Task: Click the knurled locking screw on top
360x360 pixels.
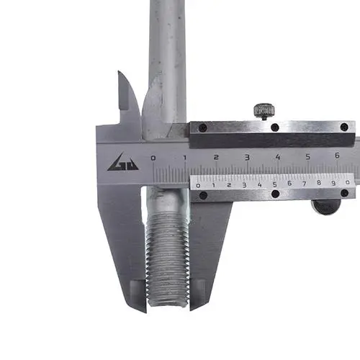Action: click(264, 112)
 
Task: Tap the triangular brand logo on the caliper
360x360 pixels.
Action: click(123, 162)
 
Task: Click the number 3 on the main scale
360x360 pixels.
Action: click(247, 158)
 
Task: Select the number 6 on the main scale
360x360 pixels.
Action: click(337, 156)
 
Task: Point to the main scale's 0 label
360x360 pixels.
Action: click(153, 158)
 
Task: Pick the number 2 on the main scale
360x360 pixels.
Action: click(216, 158)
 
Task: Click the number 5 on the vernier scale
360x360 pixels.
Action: click(275, 184)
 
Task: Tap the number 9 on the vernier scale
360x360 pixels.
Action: click(333, 183)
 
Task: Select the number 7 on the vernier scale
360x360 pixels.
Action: click(304, 184)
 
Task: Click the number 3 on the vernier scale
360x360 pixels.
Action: click(244, 185)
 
